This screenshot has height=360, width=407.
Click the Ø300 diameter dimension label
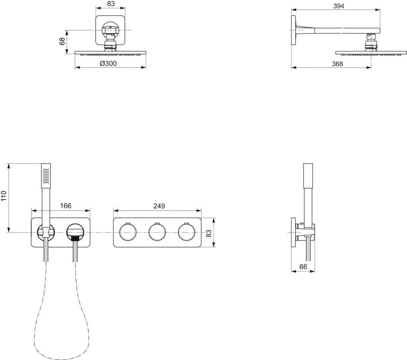point(108,64)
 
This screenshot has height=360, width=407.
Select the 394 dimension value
point(338,6)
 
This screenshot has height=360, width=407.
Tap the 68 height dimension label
point(62,41)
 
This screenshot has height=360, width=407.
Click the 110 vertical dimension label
point(4,196)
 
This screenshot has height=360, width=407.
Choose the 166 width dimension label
point(65,205)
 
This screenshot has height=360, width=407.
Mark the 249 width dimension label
point(159,205)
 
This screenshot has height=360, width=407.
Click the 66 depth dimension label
point(303,267)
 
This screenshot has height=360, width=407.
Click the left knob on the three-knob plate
point(127,232)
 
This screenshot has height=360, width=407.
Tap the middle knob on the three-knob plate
point(157,232)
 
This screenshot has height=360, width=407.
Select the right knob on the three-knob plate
point(186,232)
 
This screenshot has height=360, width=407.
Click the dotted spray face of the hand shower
point(47,175)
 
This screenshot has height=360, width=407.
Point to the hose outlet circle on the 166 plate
point(76,231)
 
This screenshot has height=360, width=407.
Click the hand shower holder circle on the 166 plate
point(46,231)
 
